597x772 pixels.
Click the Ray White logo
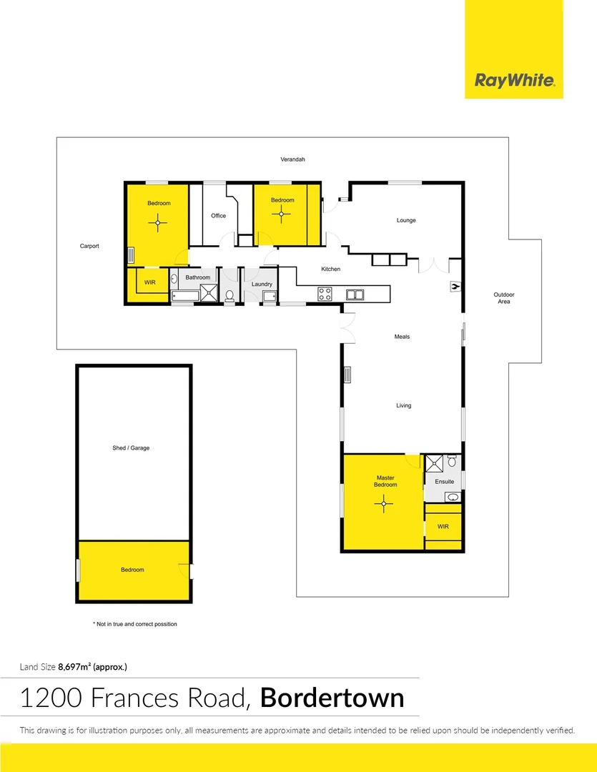click(514, 80)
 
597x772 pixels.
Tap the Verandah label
click(292, 159)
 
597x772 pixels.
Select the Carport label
click(89, 246)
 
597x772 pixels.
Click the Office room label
click(218, 216)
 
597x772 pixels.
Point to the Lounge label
click(406, 220)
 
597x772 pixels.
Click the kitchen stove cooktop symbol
click(325, 294)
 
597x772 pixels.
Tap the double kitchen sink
click(355, 295)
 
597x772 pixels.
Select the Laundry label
click(262, 284)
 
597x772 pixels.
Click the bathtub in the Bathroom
click(185, 296)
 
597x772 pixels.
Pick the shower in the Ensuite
click(434, 464)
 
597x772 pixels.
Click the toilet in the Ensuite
click(452, 461)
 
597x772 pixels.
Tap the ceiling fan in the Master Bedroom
click(384, 503)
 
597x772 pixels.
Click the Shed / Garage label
click(131, 448)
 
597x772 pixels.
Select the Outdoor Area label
click(504, 298)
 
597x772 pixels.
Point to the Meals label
click(402, 337)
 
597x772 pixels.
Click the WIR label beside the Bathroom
click(149, 282)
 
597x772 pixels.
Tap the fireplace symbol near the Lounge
click(455, 286)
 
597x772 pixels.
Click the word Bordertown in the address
click(332, 698)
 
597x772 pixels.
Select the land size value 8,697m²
click(74, 667)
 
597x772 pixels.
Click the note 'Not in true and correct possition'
click(135, 624)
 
